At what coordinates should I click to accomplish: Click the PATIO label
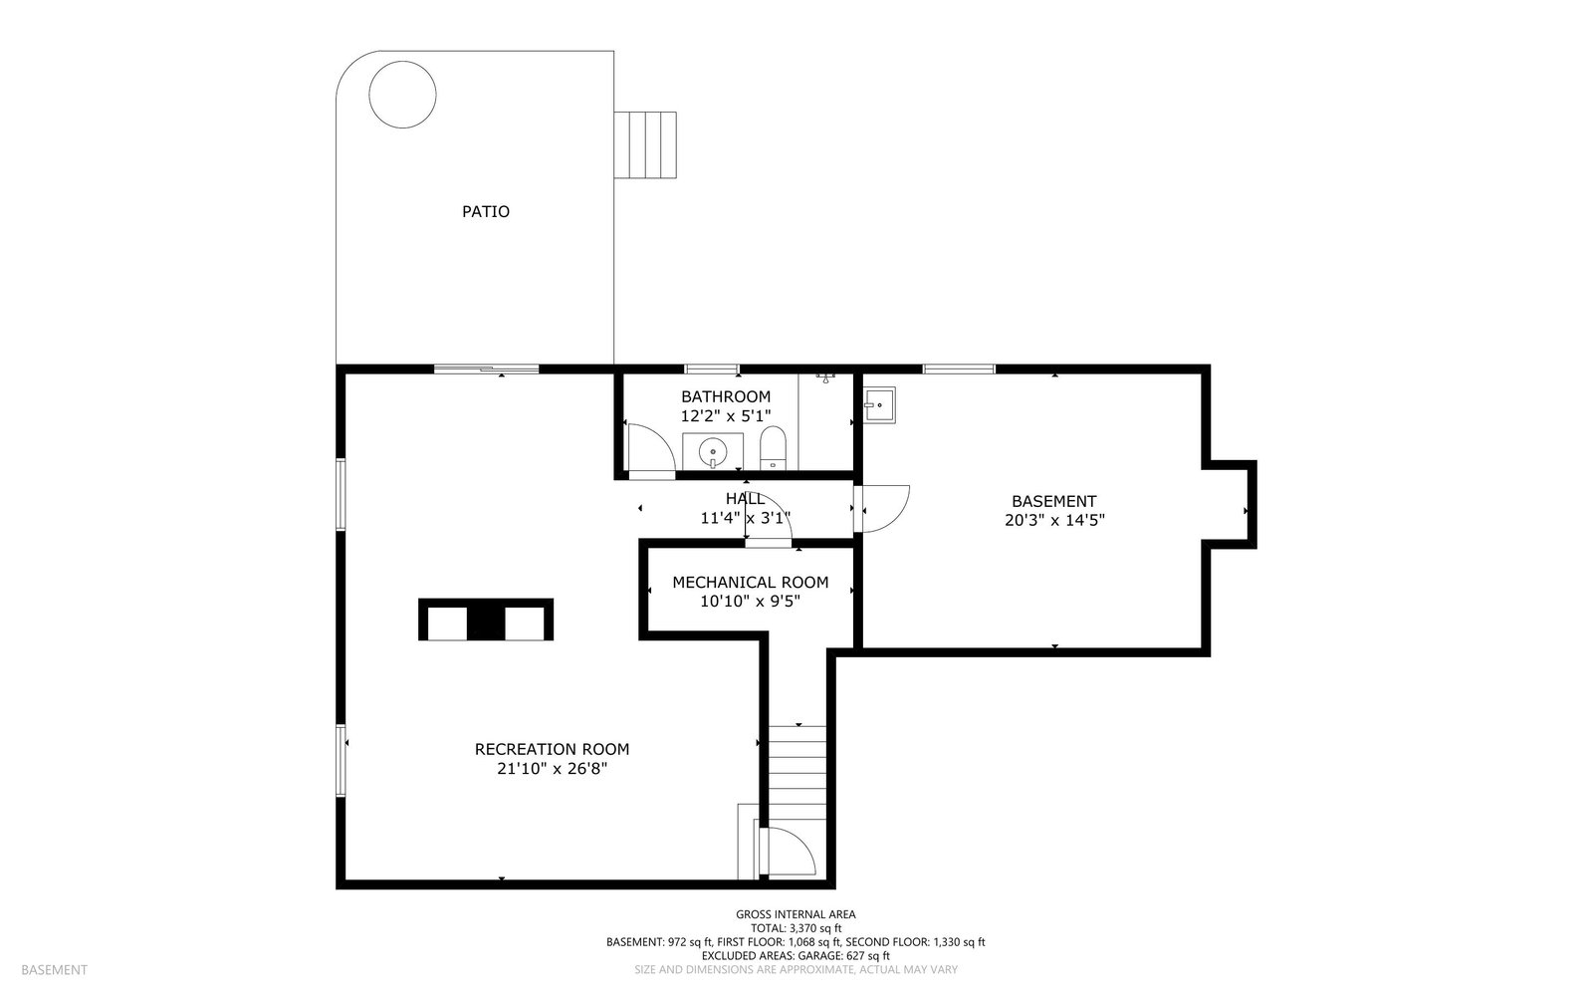[486, 211]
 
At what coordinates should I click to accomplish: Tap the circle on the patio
[402, 94]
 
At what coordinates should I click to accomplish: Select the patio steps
[645, 145]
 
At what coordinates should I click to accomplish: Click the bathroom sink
[713, 451]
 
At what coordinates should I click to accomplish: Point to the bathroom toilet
[773, 448]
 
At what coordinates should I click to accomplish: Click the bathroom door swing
[651, 447]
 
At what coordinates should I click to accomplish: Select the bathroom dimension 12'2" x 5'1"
[726, 416]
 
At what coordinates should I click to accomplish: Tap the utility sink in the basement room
[879, 404]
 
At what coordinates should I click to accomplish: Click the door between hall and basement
[882, 509]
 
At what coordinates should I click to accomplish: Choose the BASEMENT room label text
[1054, 501]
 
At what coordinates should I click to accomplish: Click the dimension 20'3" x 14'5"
[1054, 520]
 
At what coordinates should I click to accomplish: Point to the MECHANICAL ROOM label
[751, 583]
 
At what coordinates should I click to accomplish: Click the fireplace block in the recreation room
[486, 620]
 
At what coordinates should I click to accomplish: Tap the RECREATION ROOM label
[552, 749]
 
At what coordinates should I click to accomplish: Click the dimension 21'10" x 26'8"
[552, 769]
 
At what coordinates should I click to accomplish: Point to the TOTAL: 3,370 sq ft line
[796, 928]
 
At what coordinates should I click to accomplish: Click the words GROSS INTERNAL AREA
[796, 915]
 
